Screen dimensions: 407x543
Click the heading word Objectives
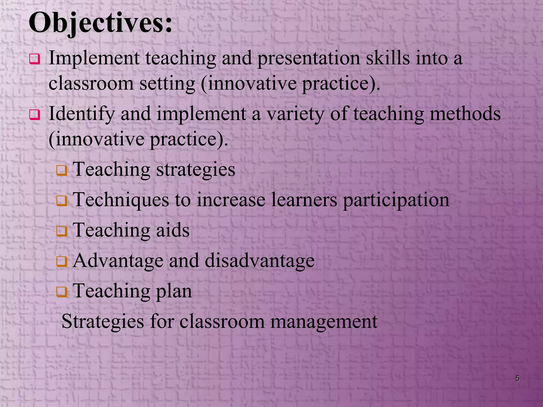100,23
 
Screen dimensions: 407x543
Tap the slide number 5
517,378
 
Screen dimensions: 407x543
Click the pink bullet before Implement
35,59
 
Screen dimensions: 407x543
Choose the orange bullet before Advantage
62,262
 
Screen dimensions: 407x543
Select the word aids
173,230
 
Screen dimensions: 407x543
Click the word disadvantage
260,261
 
